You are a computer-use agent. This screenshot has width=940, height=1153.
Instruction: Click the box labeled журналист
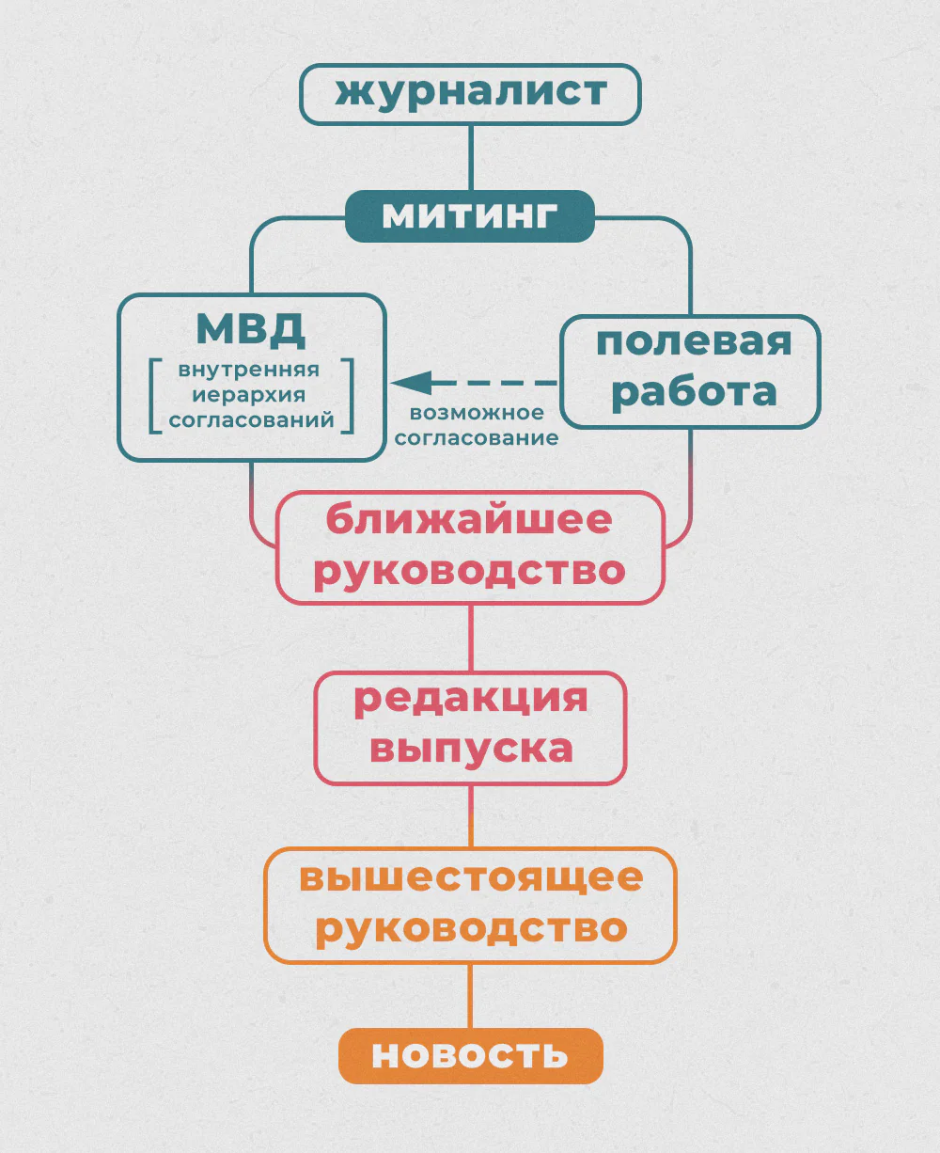point(470,94)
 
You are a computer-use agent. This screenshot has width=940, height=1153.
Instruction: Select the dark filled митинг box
point(470,216)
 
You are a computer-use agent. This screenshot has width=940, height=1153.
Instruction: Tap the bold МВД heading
point(251,330)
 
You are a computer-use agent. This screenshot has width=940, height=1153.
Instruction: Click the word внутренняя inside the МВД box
point(249,370)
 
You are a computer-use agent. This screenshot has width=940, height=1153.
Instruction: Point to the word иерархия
point(249,395)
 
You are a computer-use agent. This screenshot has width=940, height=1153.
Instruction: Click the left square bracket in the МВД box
point(154,395)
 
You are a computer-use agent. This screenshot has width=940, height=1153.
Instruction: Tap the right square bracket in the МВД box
point(349,395)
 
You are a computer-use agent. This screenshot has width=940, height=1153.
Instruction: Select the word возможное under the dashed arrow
point(477,413)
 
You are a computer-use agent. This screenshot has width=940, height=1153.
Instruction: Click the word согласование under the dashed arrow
point(477,437)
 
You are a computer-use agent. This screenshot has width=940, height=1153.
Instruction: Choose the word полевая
point(694,343)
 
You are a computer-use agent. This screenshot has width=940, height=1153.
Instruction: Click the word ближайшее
point(469,519)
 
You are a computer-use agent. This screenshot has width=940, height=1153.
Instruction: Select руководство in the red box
point(469,570)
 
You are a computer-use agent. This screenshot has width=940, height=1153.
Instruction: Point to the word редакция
point(470,700)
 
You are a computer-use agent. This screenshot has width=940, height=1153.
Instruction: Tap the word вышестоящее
point(471,877)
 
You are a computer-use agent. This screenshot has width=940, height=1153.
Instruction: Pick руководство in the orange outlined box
point(471,928)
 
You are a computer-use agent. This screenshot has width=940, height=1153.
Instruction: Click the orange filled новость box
point(470,1055)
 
